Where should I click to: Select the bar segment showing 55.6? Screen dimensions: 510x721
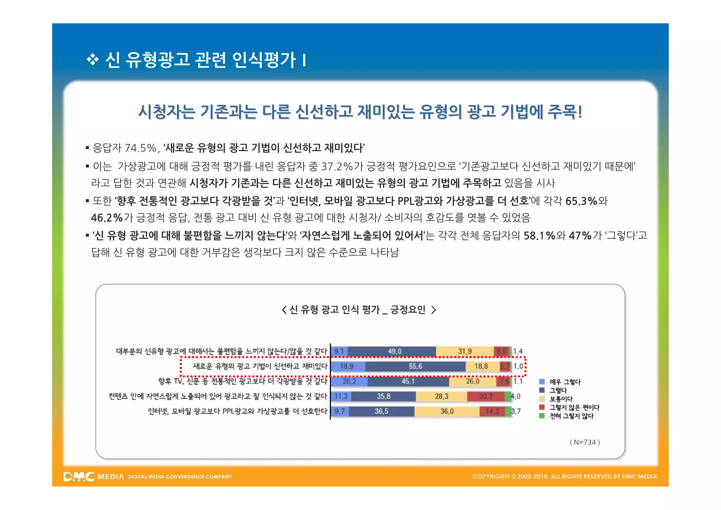tap(415, 367)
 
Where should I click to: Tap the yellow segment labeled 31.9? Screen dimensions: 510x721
tap(465, 351)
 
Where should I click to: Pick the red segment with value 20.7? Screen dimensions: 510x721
tap(486, 397)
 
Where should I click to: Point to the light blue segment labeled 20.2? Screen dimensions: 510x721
tap(349, 381)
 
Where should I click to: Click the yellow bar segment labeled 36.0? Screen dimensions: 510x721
tap(447, 411)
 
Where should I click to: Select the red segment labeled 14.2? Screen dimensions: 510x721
tap(492, 411)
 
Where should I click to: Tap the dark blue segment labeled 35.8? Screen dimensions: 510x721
tap(383, 397)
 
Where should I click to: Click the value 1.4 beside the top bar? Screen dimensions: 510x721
tap(518, 351)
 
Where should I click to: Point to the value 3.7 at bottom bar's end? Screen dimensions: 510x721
tap(516, 411)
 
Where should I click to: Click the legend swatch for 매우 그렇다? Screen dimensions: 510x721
tap(542, 382)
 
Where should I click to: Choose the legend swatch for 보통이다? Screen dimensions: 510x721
tap(542, 399)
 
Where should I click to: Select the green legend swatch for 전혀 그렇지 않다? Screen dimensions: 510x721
tap(542, 416)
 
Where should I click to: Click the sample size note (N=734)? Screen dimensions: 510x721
tap(585, 442)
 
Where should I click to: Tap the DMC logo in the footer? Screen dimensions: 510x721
tap(79, 477)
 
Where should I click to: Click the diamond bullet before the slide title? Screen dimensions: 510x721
tap(93, 60)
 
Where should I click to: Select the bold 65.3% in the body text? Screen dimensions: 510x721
tap(581, 201)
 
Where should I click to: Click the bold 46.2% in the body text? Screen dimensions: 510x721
tap(107, 218)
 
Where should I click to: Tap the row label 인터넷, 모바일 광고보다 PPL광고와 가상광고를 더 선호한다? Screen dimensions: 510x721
tap(237, 411)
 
